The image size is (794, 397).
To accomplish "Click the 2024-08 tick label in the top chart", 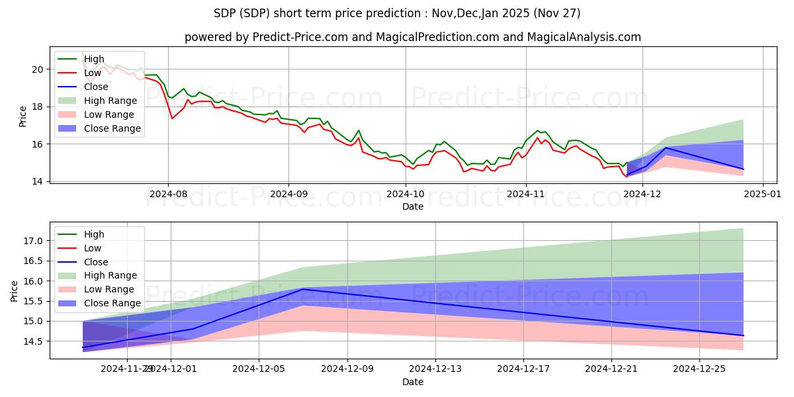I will pyautogui.click(x=168, y=195).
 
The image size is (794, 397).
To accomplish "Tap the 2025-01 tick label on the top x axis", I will pyautogui.click(x=763, y=195).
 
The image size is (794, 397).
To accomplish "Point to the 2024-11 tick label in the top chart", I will pyautogui.click(x=526, y=195).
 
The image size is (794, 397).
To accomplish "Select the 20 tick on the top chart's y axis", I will pyautogui.click(x=38, y=69).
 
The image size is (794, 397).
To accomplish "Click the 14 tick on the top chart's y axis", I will pyautogui.click(x=38, y=181).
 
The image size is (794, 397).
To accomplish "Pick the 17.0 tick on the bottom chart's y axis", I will pyautogui.click(x=32, y=241).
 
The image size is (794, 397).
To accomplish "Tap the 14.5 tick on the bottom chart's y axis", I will pyautogui.click(x=32, y=341).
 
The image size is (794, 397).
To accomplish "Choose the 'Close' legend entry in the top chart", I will pyautogui.click(x=97, y=87).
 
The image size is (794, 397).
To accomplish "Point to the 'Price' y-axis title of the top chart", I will pyautogui.click(x=23, y=116).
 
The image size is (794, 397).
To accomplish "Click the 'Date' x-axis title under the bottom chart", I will pyautogui.click(x=413, y=382).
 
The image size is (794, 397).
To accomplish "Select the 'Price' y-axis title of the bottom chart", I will pyautogui.click(x=15, y=290).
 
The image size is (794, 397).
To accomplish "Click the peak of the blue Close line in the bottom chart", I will pyautogui.click(x=303, y=289).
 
